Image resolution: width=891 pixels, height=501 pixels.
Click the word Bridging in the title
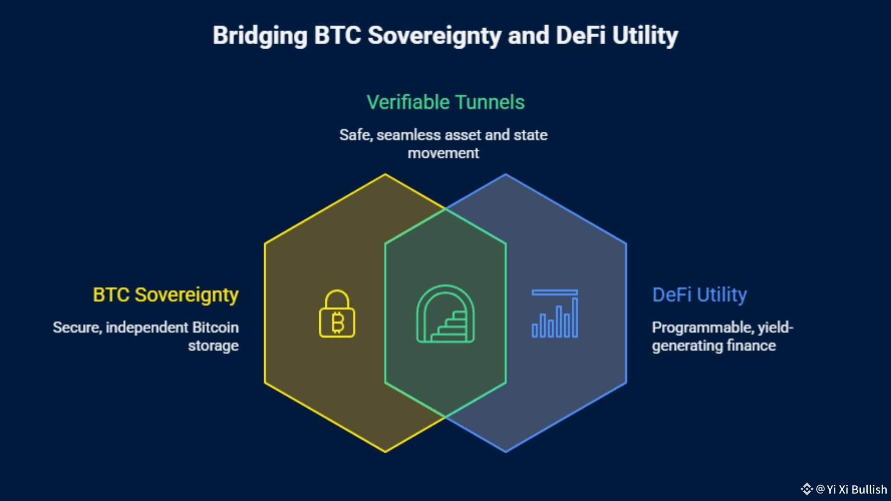(x=260, y=36)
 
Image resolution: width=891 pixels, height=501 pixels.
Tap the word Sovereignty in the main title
(x=434, y=36)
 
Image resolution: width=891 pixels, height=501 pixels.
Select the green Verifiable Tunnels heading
(x=445, y=102)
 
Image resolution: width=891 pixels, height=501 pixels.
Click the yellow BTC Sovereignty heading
(x=166, y=295)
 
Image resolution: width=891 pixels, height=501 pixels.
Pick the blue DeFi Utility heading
(x=699, y=295)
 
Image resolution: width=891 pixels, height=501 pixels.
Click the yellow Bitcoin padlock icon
(x=337, y=314)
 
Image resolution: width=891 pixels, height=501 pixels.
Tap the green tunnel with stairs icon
(x=445, y=314)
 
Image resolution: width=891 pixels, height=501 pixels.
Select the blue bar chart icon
(x=555, y=314)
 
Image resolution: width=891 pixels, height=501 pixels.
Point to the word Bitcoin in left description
(x=215, y=328)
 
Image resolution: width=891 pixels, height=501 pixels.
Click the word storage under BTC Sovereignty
(x=213, y=346)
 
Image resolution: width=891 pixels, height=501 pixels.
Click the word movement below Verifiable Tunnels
(x=443, y=153)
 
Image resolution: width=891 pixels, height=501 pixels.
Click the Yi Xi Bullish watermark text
(x=856, y=489)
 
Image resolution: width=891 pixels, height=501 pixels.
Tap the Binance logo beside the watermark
(x=807, y=489)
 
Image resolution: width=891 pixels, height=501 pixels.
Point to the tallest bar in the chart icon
(x=575, y=317)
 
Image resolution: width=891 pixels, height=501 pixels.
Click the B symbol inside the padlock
(x=338, y=322)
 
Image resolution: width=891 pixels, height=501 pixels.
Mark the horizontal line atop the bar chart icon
(x=555, y=293)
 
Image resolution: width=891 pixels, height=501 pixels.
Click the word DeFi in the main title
(x=580, y=36)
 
